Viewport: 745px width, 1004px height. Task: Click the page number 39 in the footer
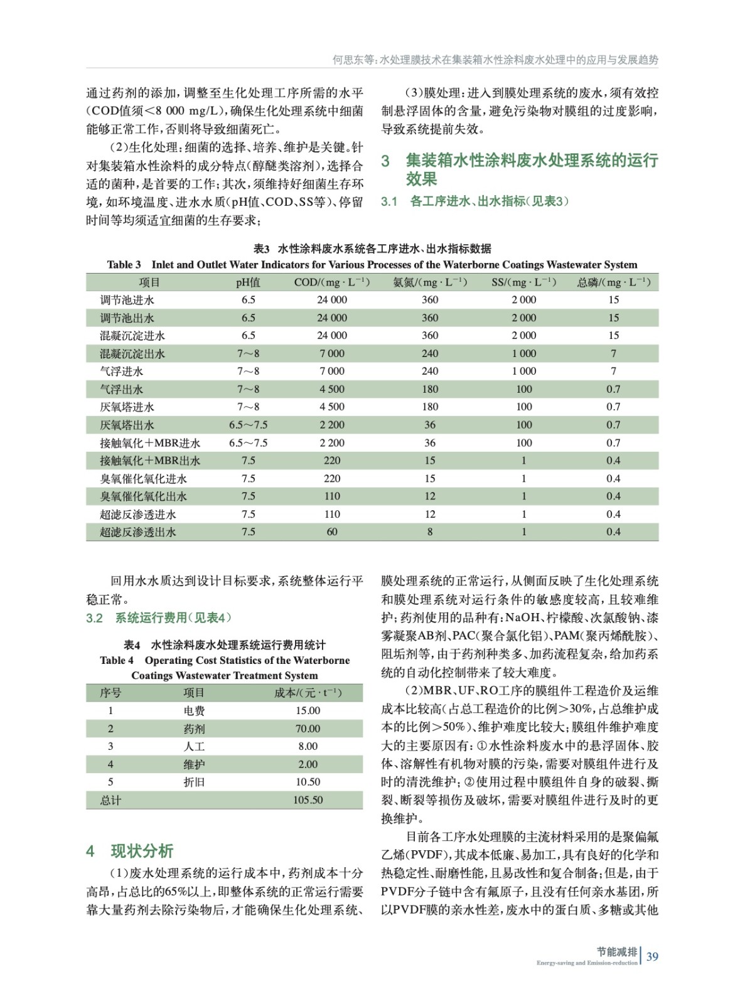[x=652, y=956]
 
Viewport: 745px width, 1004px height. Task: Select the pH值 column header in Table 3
[x=248, y=282]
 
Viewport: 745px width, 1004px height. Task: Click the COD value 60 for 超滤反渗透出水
[x=332, y=532]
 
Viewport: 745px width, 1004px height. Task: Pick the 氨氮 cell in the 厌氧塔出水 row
[x=430, y=425]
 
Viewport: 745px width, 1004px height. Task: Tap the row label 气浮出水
[x=122, y=389]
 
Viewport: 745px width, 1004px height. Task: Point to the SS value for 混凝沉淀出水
[x=524, y=353]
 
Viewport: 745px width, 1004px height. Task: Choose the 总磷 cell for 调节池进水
[x=613, y=300]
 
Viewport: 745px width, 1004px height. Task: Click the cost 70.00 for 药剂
[x=308, y=729]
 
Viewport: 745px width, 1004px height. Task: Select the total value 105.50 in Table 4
[x=308, y=800]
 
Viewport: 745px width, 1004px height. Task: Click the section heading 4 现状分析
[x=130, y=851]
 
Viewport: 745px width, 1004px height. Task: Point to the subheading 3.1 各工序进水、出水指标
[x=474, y=201]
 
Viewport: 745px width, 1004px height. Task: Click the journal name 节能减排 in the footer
[x=616, y=952]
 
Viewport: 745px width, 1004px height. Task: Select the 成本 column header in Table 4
[x=308, y=693]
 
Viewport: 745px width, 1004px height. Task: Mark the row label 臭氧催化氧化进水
[x=143, y=479]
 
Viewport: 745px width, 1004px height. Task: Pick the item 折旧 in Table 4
[x=194, y=782]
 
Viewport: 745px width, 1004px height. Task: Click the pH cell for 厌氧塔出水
[x=248, y=425]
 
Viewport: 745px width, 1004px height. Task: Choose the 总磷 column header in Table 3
[x=613, y=282]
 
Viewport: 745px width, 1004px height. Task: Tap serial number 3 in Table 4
[x=110, y=746]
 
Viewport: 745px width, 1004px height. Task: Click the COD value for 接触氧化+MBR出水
[x=332, y=461]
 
